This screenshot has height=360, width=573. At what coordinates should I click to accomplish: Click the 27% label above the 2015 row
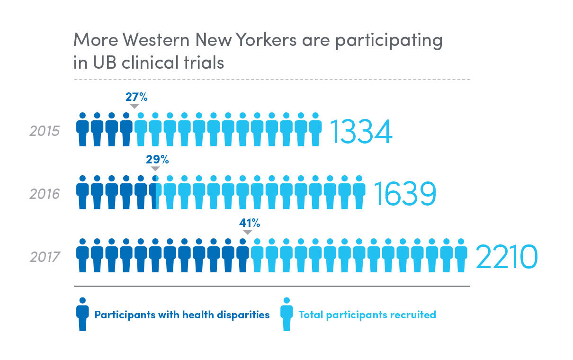tap(136, 98)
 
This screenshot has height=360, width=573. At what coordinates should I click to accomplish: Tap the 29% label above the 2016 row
tap(157, 160)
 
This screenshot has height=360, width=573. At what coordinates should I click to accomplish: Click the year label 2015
tap(45, 131)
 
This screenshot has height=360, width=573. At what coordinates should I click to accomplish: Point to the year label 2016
tap(45, 194)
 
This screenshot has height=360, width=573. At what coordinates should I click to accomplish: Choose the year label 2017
tap(45, 257)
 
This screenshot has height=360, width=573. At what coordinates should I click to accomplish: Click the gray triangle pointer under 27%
tap(134, 107)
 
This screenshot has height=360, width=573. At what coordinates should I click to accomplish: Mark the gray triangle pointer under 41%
tap(247, 232)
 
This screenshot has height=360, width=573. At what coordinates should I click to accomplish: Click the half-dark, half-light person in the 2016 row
tap(155, 192)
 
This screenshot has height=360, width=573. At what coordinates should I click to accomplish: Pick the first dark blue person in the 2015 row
tap(82, 129)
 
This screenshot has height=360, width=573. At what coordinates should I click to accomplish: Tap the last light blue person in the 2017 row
tap(461, 255)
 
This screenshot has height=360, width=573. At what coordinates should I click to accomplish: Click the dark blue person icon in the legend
tap(82, 314)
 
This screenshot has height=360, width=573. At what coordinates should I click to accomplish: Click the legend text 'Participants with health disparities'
tap(182, 315)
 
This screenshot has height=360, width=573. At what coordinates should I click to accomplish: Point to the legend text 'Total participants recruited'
tap(367, 315)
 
